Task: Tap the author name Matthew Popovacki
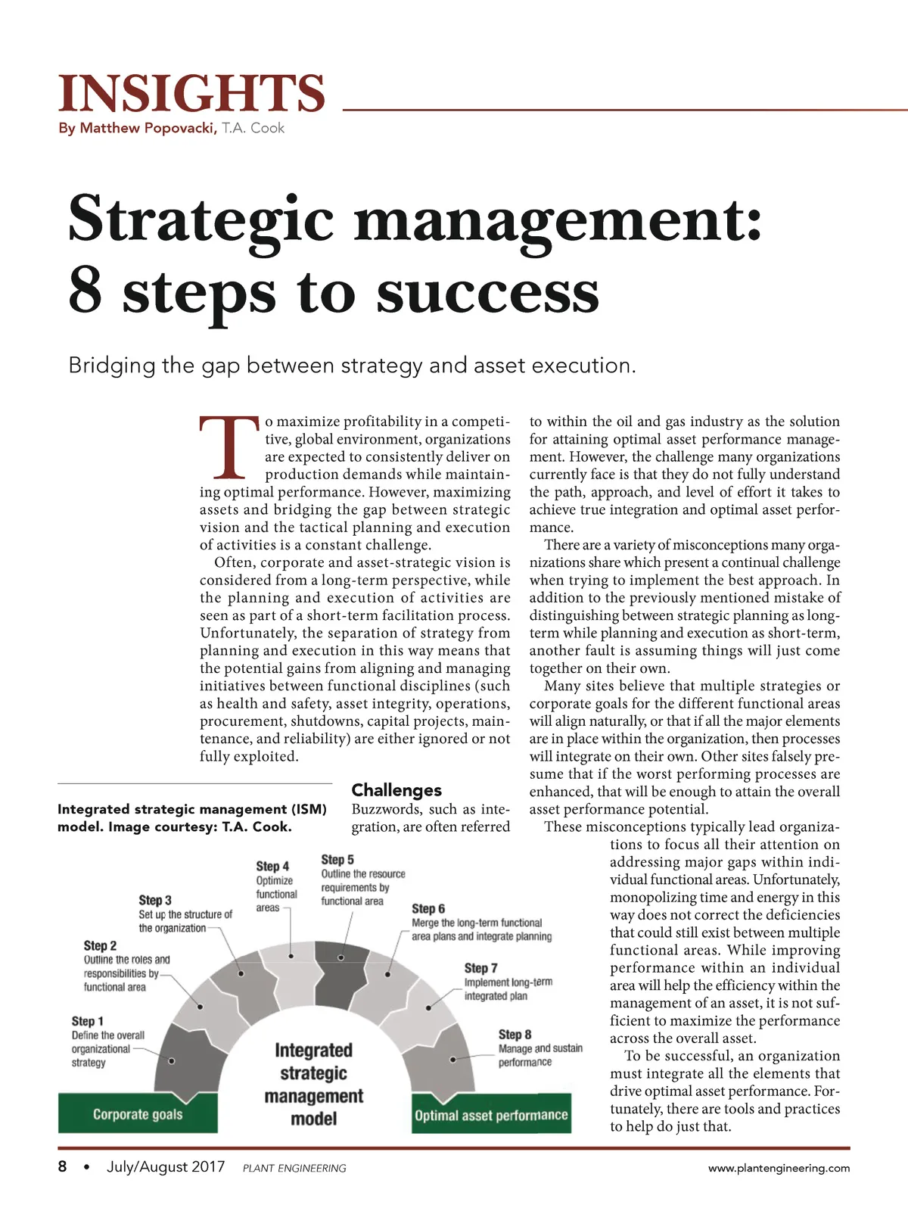click(x=148, y=128)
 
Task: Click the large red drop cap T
click(x=229, y=447)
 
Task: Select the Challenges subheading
click(x=396, y=790)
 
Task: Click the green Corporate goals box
click(x=138, y=1114)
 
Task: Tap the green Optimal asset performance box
click(x=491, y=1115)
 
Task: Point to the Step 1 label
click(x=88, y=1021)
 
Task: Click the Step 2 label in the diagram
click(x=100, y=945)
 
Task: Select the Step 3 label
click(x=155, y=900)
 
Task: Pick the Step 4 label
click(x=272, y=866)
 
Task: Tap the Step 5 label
click(x=337, y=859)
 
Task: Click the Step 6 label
click(x=428, y=908)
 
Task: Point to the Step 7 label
click(x=481, y=968)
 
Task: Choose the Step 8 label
click(x=515, y=1034)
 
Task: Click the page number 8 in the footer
click(x=62, y=1166)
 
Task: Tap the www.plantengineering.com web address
click(x=779, y=1168)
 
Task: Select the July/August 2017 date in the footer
click(x=166, y=1166)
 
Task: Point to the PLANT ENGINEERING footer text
click(x=294, y=1169)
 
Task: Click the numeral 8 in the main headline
click(x=86, y=291)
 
